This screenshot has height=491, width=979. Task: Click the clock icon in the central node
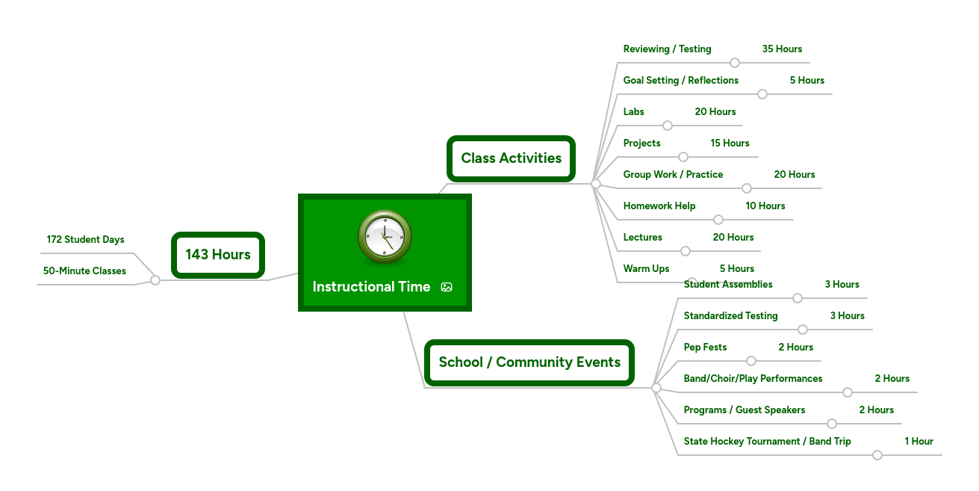point(385,237)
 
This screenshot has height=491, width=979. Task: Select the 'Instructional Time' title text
point(371,287)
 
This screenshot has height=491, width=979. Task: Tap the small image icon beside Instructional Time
point(447,287)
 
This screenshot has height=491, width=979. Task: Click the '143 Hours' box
point(218,255)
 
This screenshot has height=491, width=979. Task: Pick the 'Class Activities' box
point(511,158)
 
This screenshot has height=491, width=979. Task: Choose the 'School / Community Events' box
point(529,362)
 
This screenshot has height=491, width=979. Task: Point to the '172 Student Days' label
point(85,240)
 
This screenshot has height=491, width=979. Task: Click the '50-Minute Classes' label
point(84,271)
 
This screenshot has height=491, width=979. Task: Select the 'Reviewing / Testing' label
point(667,49)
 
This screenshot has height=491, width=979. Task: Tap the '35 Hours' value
point(782,49)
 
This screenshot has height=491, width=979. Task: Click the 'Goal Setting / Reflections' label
point(680,81)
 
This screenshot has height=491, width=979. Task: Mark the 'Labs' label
point(633,112)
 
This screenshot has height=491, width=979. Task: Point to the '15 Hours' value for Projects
point(730,143)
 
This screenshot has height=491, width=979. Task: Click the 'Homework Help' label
point(659,206)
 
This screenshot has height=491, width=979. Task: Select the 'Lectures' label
point(642,238)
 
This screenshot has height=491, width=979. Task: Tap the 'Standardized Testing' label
point(730,316)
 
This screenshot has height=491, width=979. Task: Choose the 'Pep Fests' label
point(705,348)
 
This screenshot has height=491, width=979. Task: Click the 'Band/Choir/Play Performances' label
point(753,379)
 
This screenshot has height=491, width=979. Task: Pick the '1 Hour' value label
point(919,442)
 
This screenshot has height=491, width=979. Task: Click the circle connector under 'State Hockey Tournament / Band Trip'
point(877,455)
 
